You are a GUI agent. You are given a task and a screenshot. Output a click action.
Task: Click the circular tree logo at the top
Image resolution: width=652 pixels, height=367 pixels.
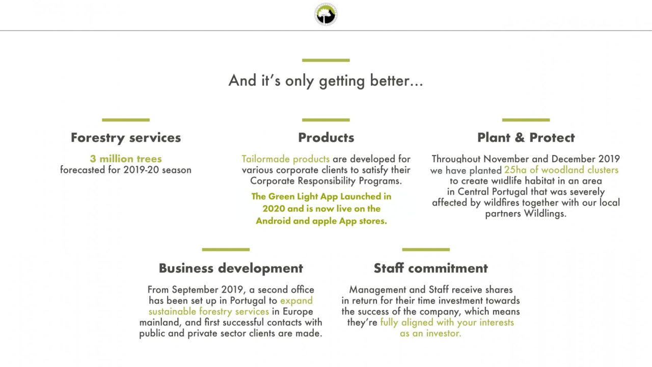click(325, 14)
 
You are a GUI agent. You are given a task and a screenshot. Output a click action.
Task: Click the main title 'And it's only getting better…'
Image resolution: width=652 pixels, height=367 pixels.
click(325, 81)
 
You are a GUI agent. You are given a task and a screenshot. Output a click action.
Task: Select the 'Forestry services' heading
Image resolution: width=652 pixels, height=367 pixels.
click(126, 138)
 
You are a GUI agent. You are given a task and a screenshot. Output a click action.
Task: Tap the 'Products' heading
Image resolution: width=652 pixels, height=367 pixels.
click(326, 138)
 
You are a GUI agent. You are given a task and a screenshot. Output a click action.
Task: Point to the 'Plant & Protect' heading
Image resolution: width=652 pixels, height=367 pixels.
click(526, 138)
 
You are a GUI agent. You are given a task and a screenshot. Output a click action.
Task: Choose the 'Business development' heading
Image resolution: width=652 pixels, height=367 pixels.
click(231, 268)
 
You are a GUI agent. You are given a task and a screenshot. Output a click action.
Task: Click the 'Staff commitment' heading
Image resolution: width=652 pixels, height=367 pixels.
click(431, 268)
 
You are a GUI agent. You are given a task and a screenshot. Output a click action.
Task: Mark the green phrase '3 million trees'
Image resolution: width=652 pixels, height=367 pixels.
click(126, 159)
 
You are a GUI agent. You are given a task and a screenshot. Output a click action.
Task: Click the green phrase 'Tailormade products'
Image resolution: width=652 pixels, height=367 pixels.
click(286, 159)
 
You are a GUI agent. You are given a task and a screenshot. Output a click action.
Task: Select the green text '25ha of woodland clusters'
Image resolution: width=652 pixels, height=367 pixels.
click(561, 170)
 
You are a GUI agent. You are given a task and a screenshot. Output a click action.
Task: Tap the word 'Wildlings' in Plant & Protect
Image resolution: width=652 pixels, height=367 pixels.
click(545, 214)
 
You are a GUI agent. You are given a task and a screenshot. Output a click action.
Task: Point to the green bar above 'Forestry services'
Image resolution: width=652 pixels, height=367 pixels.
click(126, 120)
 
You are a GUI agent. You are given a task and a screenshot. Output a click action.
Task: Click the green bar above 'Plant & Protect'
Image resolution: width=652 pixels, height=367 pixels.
click(526, 120)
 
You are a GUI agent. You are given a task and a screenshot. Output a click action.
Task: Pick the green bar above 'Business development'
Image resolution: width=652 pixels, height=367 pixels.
click(226, 249)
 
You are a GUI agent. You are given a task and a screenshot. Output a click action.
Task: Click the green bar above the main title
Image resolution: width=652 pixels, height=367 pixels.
click(325, 60)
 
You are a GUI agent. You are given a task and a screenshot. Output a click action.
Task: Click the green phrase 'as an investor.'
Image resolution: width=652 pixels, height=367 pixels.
click(430, 333)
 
